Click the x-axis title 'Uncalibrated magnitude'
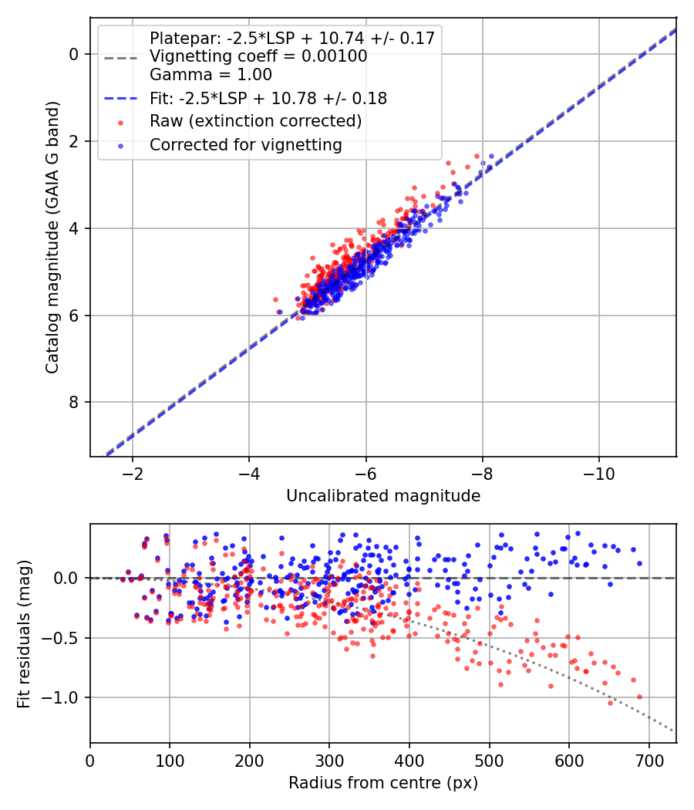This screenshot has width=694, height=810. (383, 495)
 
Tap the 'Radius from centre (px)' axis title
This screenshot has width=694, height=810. (383, 783)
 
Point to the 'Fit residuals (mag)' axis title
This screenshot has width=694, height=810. (25, 633)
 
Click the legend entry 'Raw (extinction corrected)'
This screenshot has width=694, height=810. (255, 121)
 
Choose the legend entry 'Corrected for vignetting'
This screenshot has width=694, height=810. (245, 144)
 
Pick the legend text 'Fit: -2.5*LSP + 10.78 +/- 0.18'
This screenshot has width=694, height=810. (268, 98)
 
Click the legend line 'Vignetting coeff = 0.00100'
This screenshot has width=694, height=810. (258, 56)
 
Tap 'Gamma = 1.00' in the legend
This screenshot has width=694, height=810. (211, 75)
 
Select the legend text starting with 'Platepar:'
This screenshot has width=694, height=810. (292, 38)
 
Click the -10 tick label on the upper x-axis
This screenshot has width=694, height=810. (598, 473)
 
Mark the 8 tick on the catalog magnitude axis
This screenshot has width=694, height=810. (74, 402)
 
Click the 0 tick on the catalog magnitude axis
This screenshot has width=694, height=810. (74, 54)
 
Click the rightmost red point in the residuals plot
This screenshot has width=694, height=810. (639, 697)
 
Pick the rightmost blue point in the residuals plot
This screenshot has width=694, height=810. (639, 563)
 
